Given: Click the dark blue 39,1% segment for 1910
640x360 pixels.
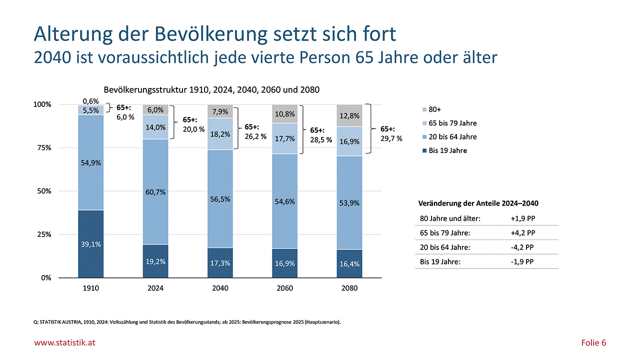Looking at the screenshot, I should [90, 244].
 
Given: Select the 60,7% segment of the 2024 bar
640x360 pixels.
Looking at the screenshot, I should [155, 191].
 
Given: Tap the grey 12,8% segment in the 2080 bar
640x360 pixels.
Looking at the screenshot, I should [349, 115].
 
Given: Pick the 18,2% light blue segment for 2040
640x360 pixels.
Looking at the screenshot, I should [220, 134].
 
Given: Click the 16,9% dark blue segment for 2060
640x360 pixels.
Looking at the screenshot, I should [284, 263].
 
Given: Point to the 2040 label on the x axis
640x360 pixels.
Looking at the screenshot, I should [220, 288].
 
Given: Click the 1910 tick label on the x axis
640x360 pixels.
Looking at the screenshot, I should [90, 288].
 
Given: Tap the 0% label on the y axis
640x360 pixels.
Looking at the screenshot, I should [46, 278].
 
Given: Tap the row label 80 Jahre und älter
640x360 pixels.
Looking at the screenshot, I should [449, 218].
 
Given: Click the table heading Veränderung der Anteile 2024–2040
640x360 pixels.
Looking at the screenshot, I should [477, 203].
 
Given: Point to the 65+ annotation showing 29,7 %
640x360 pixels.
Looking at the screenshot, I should [391, 133].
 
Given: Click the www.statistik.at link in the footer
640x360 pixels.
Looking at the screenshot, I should [64, 342].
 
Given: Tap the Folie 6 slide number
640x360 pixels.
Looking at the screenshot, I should [593, 342].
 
